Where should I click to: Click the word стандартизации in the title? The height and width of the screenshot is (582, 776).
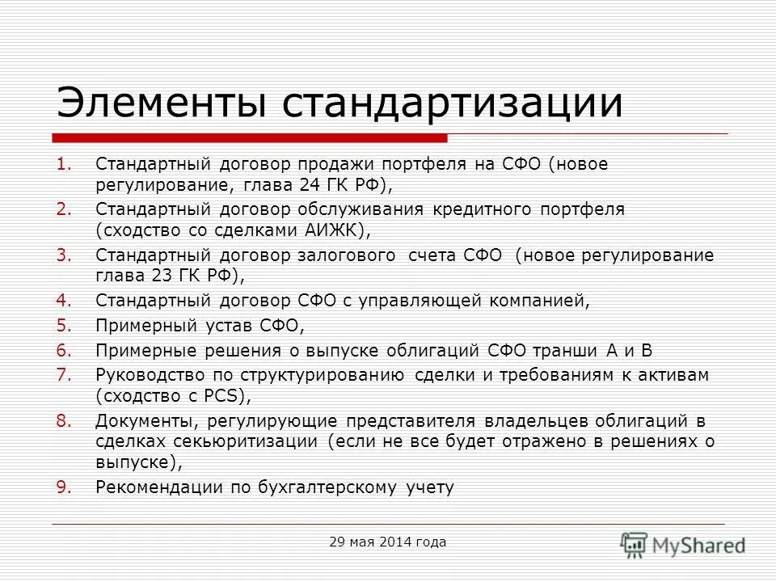452,104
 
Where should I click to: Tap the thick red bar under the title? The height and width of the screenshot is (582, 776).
251,137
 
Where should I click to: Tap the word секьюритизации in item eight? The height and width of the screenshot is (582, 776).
247,441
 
